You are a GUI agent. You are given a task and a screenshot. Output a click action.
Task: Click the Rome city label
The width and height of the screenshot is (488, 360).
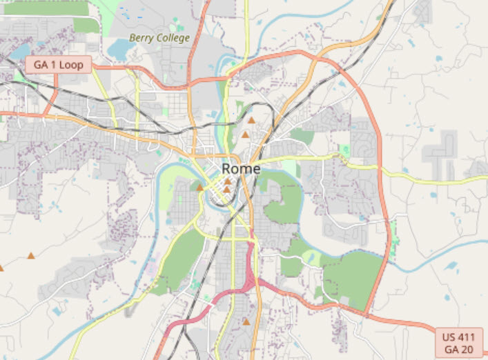click(x=241, y=169)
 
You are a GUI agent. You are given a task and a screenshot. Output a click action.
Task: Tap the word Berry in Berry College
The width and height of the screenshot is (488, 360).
click(x=141, y=38)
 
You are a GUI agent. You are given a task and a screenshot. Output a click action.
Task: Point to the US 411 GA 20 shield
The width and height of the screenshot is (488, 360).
click(x=460, y=343)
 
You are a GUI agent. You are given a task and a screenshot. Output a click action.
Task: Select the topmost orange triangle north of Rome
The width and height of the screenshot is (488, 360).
click(x=252, y=120)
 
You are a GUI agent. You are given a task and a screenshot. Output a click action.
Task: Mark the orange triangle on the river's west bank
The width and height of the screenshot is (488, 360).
click(x=200, y=187)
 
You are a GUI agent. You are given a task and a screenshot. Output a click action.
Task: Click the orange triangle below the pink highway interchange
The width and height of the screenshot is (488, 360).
click(x=246, y=321)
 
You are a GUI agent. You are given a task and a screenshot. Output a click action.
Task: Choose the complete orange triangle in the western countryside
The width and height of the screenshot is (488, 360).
click(x=30, y=256)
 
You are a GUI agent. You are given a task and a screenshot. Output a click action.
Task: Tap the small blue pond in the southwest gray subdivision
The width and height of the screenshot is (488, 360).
click(x=57, y=311)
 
